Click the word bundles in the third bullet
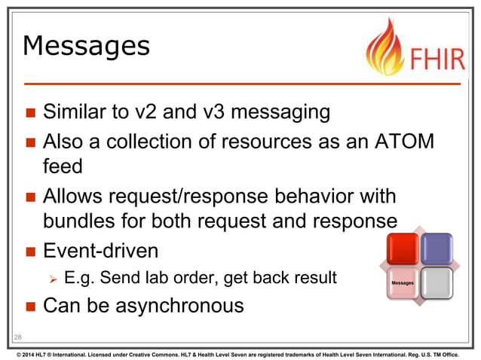point(78,221)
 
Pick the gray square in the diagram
point(437,283)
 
